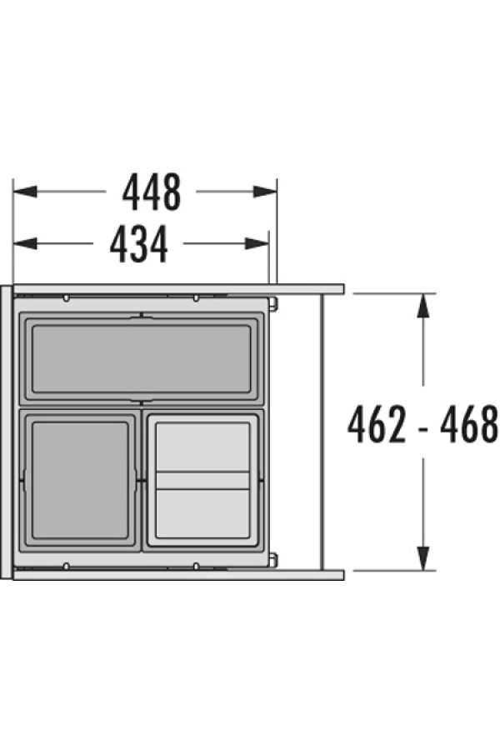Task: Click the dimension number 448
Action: coord(152,192)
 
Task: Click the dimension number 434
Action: coord(139,244)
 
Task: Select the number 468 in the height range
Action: coord(469,425)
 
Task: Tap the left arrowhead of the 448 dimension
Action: coord(25,192)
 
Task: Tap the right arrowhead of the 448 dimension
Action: coord(265,192)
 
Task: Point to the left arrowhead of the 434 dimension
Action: coord(25,244)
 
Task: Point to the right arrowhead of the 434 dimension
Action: coord(257,244)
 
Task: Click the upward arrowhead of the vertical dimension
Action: coord(422,305)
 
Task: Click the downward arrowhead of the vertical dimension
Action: coord(422,558)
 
